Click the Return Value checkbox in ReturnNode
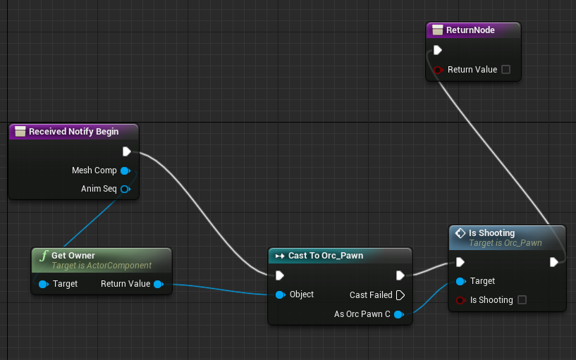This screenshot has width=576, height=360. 505,69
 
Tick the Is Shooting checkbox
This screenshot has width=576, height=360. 522,300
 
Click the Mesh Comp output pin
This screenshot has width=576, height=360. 125,170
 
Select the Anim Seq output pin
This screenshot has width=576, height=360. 125,189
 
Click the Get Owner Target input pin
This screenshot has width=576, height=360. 43,284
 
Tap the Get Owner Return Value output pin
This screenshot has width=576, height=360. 159,284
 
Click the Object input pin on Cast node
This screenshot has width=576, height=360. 281,294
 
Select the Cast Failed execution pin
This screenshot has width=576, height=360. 400,295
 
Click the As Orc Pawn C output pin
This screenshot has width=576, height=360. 399,314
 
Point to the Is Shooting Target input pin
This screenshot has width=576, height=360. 460,282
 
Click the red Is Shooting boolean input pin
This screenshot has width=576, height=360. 460,300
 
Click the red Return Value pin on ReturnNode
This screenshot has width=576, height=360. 438,70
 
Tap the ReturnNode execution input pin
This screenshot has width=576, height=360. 438,50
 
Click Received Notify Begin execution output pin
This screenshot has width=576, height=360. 127,151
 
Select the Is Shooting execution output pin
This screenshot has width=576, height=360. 554,262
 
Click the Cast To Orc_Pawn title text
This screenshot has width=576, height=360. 326,256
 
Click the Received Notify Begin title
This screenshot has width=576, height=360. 73,131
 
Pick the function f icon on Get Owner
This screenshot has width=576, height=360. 44,256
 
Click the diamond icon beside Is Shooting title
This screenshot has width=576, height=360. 460,233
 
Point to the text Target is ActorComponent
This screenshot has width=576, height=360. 102,266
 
